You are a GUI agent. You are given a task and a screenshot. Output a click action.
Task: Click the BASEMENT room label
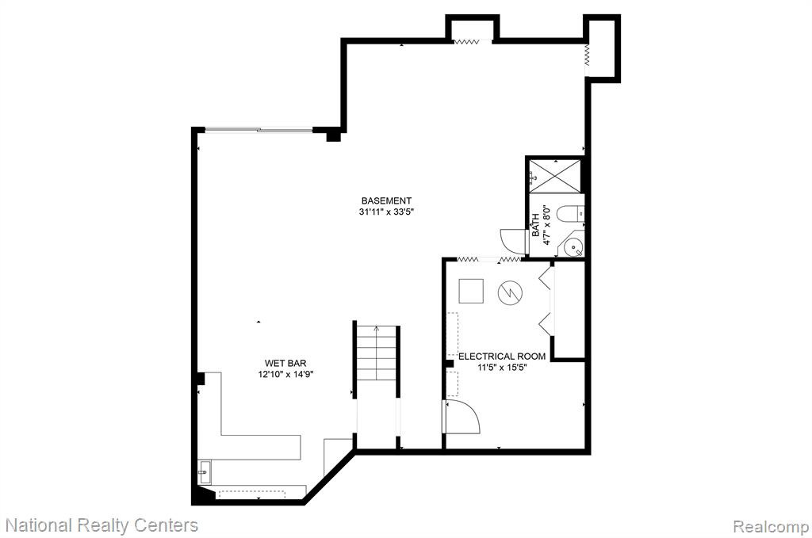pos(386,200)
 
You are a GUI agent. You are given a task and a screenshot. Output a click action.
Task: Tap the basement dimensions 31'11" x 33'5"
pos(387,212)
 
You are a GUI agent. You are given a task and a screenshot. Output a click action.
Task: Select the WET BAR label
pos(285,363)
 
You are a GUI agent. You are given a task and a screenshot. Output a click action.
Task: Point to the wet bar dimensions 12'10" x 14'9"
pos(285,374)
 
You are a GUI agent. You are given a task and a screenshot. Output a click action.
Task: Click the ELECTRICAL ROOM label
pos(502,357)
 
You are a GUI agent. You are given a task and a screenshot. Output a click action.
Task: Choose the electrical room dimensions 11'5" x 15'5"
pos(502,368)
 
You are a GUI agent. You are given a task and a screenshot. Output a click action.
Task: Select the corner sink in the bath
pos(572,246)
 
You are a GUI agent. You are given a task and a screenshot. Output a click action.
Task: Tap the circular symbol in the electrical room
pos(510,293)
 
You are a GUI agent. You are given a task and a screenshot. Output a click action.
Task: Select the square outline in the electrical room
pos(471,291)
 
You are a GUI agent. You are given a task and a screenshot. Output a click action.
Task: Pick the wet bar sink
pos(204,471)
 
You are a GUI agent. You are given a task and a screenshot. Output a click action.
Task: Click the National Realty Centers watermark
pos(102,525)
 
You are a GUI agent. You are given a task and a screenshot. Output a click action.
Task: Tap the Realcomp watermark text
pos(771,527)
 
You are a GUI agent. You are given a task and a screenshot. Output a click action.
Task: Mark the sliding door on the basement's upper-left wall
pos(259,130)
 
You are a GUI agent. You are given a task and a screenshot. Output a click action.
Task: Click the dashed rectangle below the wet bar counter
pos(251,494)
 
